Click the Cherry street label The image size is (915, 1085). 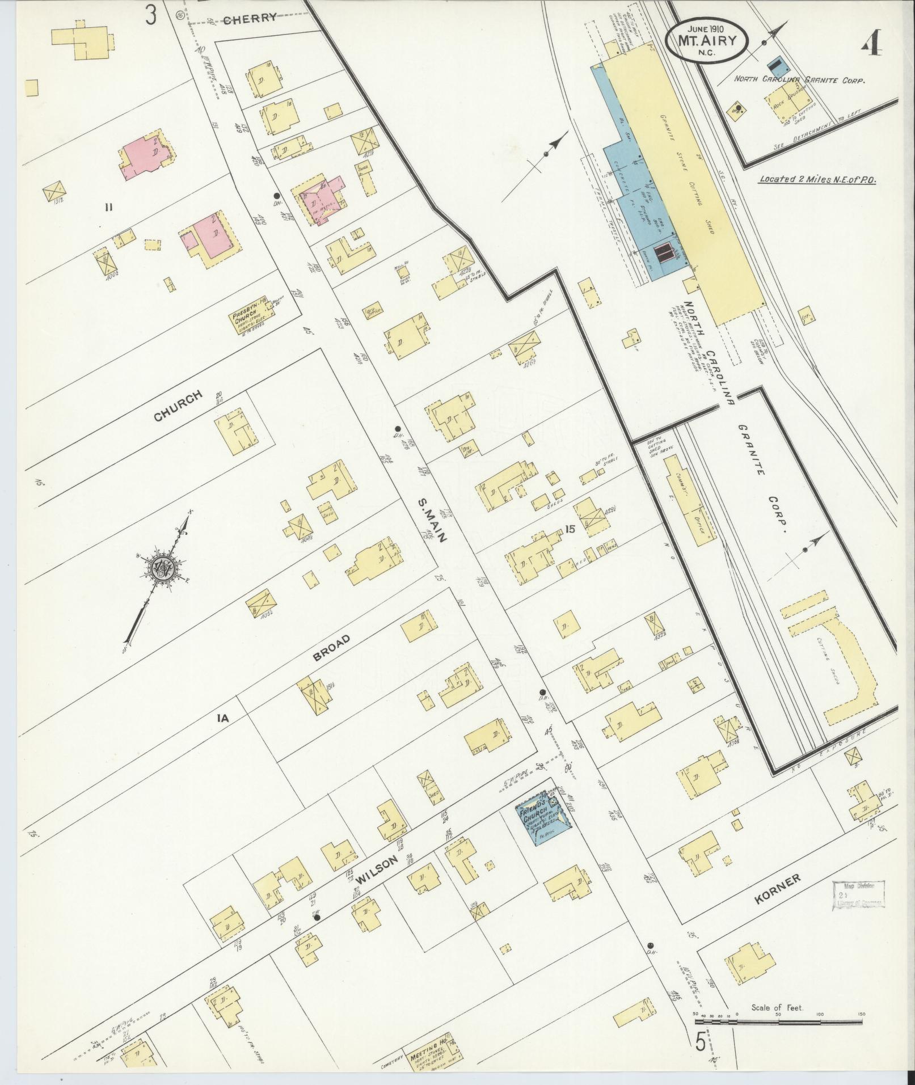[x=250, y=19]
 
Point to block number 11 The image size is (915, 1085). [x=108, y=207]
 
